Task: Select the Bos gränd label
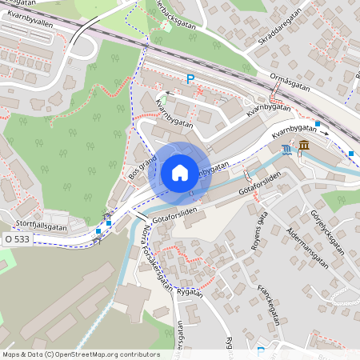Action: (140, 167)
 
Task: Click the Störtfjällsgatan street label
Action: (42, 226)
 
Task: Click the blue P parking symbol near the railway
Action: (190, 78)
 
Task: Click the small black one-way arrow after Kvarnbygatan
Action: (326, 134)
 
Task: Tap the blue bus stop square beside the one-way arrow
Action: (318, 124)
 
